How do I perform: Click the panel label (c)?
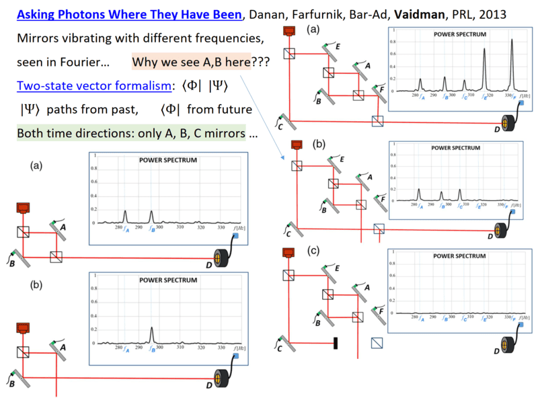313,250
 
